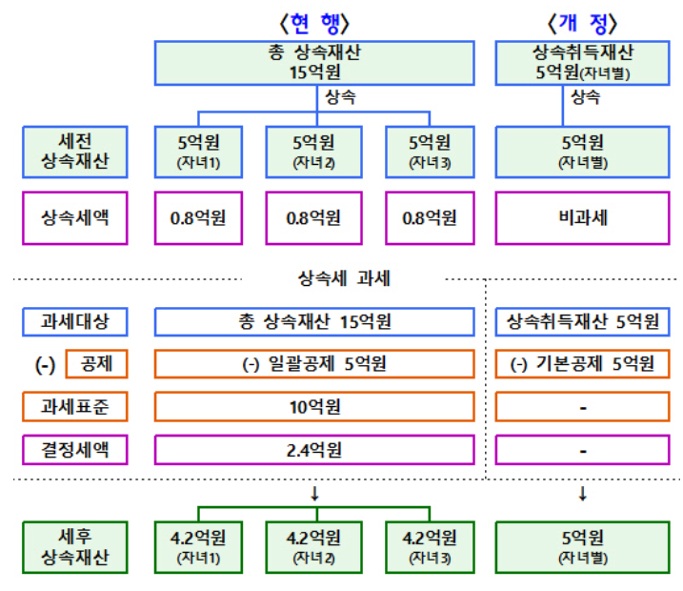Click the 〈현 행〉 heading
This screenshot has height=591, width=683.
313,21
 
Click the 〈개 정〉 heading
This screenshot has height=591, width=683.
581,21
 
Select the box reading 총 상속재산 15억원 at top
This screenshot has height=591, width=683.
313,62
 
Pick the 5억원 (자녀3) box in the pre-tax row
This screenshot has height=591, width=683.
430,151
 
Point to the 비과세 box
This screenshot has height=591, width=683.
582,217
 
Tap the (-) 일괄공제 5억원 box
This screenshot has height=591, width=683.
313,364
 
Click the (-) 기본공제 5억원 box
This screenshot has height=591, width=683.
582,364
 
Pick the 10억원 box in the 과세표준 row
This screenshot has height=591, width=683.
313,406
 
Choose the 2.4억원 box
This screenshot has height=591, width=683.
313,448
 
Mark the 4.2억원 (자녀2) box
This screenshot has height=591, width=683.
313,546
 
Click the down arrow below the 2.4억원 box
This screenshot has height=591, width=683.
313,493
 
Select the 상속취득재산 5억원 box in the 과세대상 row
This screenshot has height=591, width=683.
582,321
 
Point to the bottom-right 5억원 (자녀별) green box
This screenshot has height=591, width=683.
582,546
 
